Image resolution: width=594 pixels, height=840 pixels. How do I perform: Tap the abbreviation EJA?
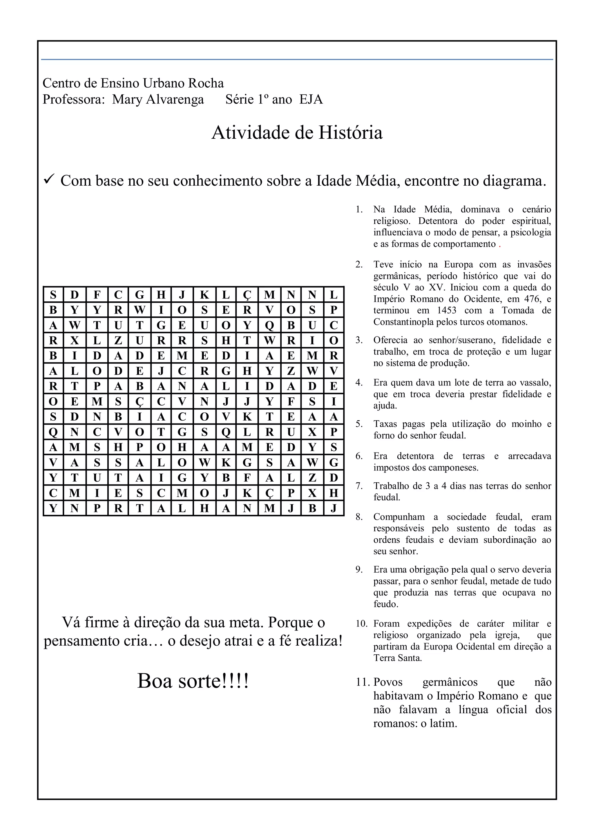click(x=311, y=99)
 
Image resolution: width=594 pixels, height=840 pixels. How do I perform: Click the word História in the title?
click(x=350, y=133)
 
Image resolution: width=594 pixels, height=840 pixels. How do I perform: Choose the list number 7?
click(x=359, y=486)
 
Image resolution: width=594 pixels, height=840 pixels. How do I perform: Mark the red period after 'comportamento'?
click(x=500, y=245)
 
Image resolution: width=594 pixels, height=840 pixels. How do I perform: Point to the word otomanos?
click(x=507, y=322)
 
